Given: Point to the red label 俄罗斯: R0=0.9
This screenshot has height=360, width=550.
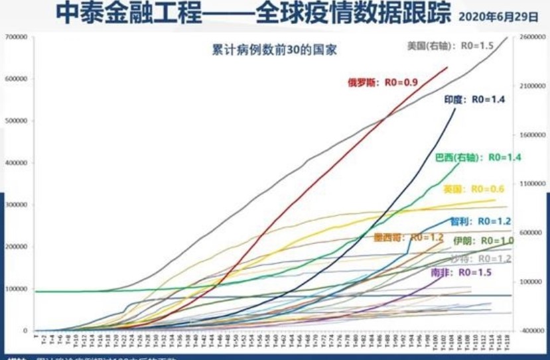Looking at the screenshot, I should point(383,83).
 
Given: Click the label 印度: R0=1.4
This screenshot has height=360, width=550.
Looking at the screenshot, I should point(474,99).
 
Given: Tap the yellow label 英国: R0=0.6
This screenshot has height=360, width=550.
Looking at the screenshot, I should point(474,189).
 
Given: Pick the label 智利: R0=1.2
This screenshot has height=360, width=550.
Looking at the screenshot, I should point(480,220).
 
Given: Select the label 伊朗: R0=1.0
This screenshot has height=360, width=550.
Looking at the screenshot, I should point(484,241).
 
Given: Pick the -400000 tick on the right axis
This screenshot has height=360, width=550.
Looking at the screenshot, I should point(530,330).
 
